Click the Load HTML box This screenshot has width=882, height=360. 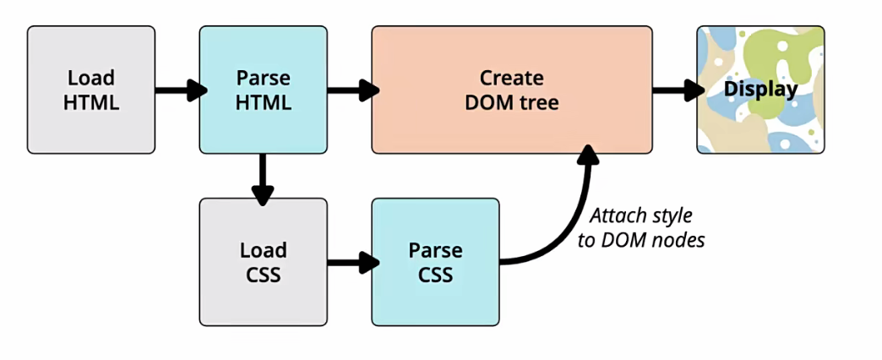coord(91,90)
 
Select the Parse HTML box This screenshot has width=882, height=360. coord(263,90)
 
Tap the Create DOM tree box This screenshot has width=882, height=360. coord(512,90)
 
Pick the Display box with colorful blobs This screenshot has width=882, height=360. coord(760,90)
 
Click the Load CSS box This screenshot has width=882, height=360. coord(263,262)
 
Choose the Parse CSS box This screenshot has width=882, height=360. coord(435,262)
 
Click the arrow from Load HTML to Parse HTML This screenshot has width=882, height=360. coord(179,90)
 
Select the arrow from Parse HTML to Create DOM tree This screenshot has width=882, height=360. coord(351,90)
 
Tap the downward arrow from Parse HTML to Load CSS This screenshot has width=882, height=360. coord(263,177)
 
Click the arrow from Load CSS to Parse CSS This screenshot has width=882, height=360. coord(351,262)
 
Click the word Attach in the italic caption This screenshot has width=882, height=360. coord(617,215)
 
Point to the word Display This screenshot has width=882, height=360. coord(760,89)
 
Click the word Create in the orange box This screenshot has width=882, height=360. coord(512,78)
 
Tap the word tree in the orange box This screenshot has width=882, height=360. coord(541,102)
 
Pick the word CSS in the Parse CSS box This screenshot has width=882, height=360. coord(435,275)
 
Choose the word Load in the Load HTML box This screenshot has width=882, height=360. coord(91,78)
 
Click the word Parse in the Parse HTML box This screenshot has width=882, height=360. coord(263,78)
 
